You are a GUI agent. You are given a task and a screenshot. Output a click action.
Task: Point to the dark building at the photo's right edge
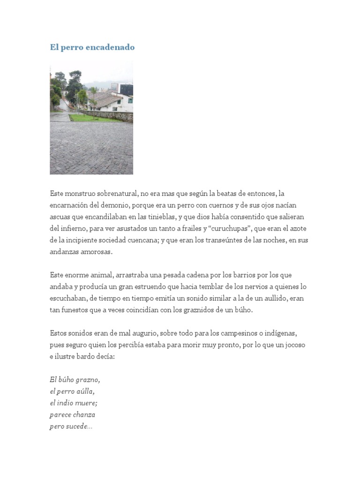click(127, 89)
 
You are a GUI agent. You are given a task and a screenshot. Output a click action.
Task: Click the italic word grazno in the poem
click(89, 380)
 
